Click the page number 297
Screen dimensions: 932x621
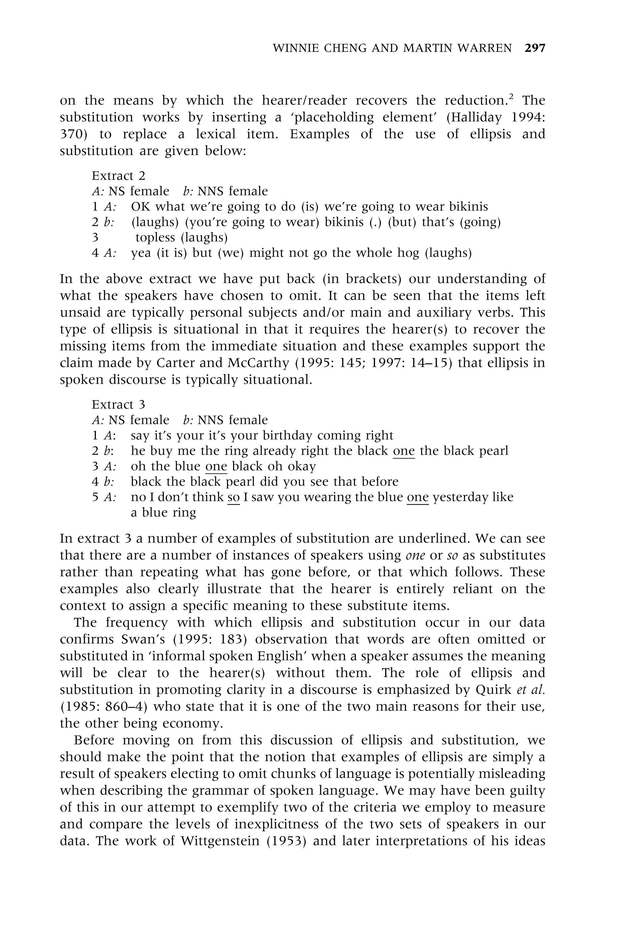click(535, 48)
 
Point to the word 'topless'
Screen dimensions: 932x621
click(155, 237)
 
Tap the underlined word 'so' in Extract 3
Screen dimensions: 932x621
click(234, 497)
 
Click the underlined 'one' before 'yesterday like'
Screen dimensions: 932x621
click(418, 497)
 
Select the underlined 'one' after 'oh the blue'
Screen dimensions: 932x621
click(216, 466)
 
